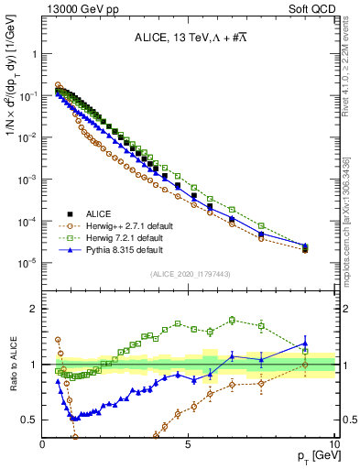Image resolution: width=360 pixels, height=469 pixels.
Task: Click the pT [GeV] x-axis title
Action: tap(315, 456)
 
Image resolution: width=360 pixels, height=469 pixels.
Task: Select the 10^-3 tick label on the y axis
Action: tap(27, 179)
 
